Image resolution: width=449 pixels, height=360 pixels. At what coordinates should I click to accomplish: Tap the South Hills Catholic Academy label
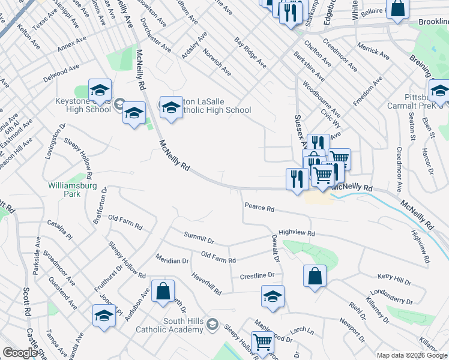point(184,325)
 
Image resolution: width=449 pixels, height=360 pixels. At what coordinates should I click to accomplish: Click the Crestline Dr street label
point(257,276)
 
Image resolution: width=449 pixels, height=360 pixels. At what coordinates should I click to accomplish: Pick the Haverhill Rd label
point(206,284)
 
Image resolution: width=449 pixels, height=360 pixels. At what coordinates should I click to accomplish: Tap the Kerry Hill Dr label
point(394,279)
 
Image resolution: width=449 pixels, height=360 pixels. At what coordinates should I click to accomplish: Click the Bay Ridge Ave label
point(250,52)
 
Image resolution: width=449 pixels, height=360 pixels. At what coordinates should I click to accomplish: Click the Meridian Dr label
point(172,261)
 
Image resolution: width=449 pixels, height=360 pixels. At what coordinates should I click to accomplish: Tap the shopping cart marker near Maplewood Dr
point(263,342)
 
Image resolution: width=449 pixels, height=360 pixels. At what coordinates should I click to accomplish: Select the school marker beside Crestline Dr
point(273,296)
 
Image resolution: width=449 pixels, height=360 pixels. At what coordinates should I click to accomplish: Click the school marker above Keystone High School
point(100,91)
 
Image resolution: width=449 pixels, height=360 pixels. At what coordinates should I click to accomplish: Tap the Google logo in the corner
point(20,353)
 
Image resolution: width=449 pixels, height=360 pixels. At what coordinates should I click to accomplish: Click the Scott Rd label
point(26,302)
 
